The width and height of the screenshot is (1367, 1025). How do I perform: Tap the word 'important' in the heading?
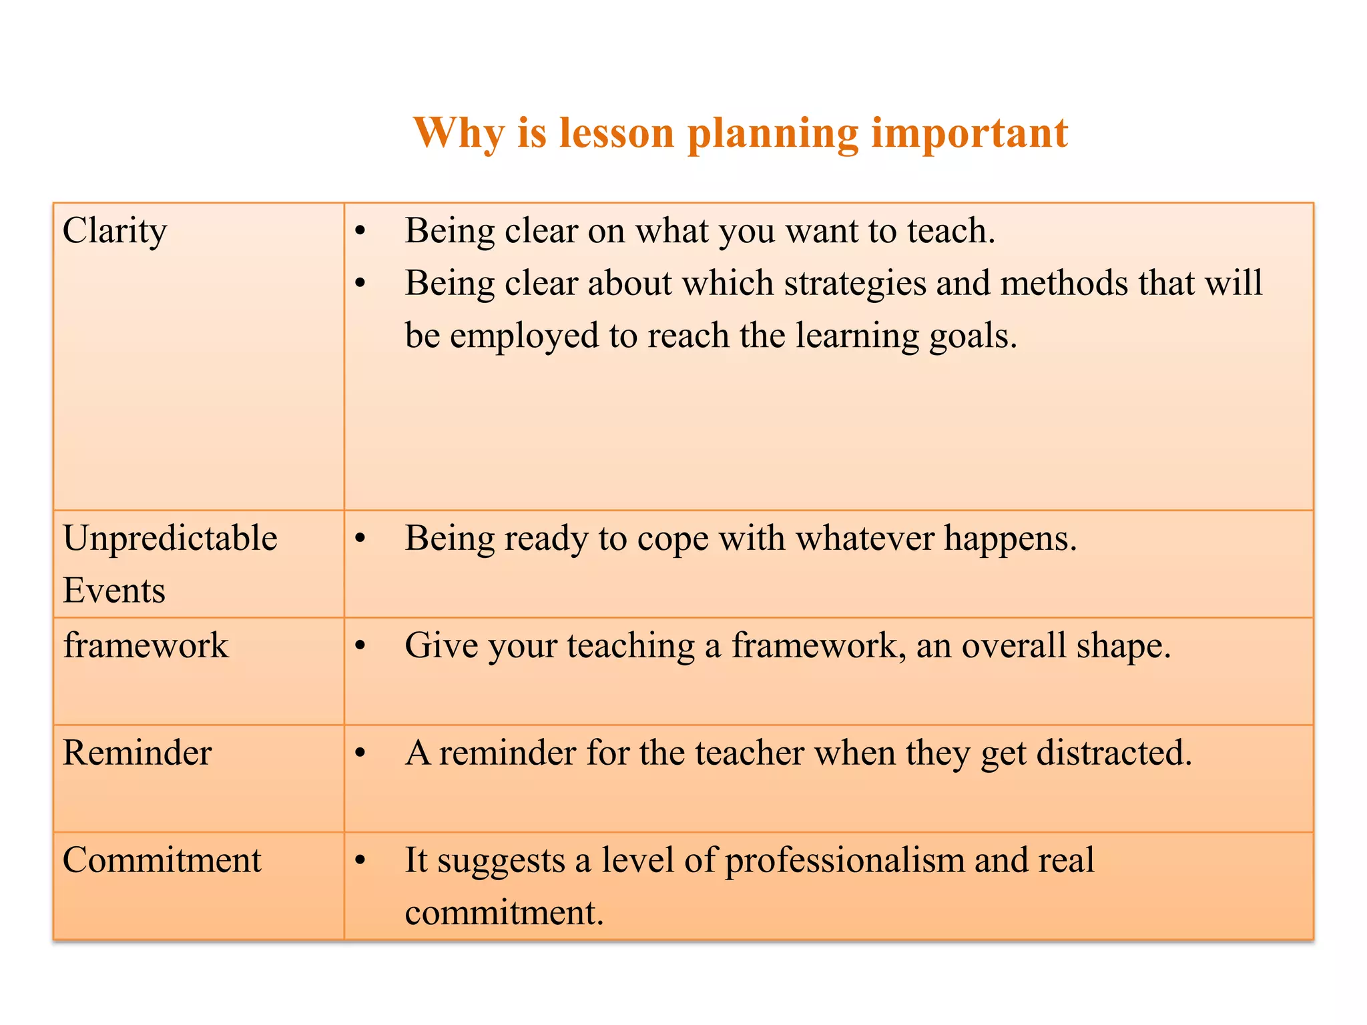click(x=969, y=133)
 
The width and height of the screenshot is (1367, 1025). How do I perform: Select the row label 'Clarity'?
click(x=114, y=232)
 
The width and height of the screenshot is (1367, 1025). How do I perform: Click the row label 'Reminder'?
click(x=137, y=753)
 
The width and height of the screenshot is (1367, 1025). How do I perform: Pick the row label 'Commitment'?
click(x=162, y=861)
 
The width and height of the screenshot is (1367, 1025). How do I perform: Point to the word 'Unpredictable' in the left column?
click(x=170, y=539)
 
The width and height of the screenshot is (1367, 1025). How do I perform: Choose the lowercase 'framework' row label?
click(x=146, y=646)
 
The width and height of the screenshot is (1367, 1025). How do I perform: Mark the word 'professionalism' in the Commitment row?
click(x=844, y=861)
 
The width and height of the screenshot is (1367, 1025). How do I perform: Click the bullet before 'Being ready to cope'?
click(x=360, y=539)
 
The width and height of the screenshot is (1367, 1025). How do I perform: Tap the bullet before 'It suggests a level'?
click(x=360, y=861)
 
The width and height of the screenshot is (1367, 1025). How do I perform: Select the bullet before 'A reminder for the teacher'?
click(x=360, y=753)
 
